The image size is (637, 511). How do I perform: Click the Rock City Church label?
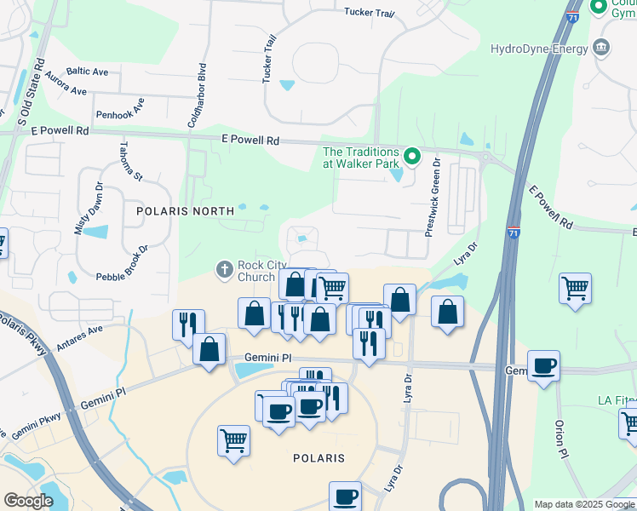point(256,271)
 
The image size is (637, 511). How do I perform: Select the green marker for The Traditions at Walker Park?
point(412,156)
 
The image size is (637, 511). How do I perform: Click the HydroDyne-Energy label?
point(539,49)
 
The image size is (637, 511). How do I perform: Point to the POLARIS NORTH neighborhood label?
point(185,210)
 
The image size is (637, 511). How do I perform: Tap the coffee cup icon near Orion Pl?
point(543,367)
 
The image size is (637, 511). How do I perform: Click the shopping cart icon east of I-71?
point(576,289)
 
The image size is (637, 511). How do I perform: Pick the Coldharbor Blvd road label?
point(196,95)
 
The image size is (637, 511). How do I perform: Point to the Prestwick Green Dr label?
point(433,196)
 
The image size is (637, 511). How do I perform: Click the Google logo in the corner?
point(28,501)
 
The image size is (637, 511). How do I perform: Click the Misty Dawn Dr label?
point(88,209)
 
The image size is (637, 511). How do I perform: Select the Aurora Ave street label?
point(67,85)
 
